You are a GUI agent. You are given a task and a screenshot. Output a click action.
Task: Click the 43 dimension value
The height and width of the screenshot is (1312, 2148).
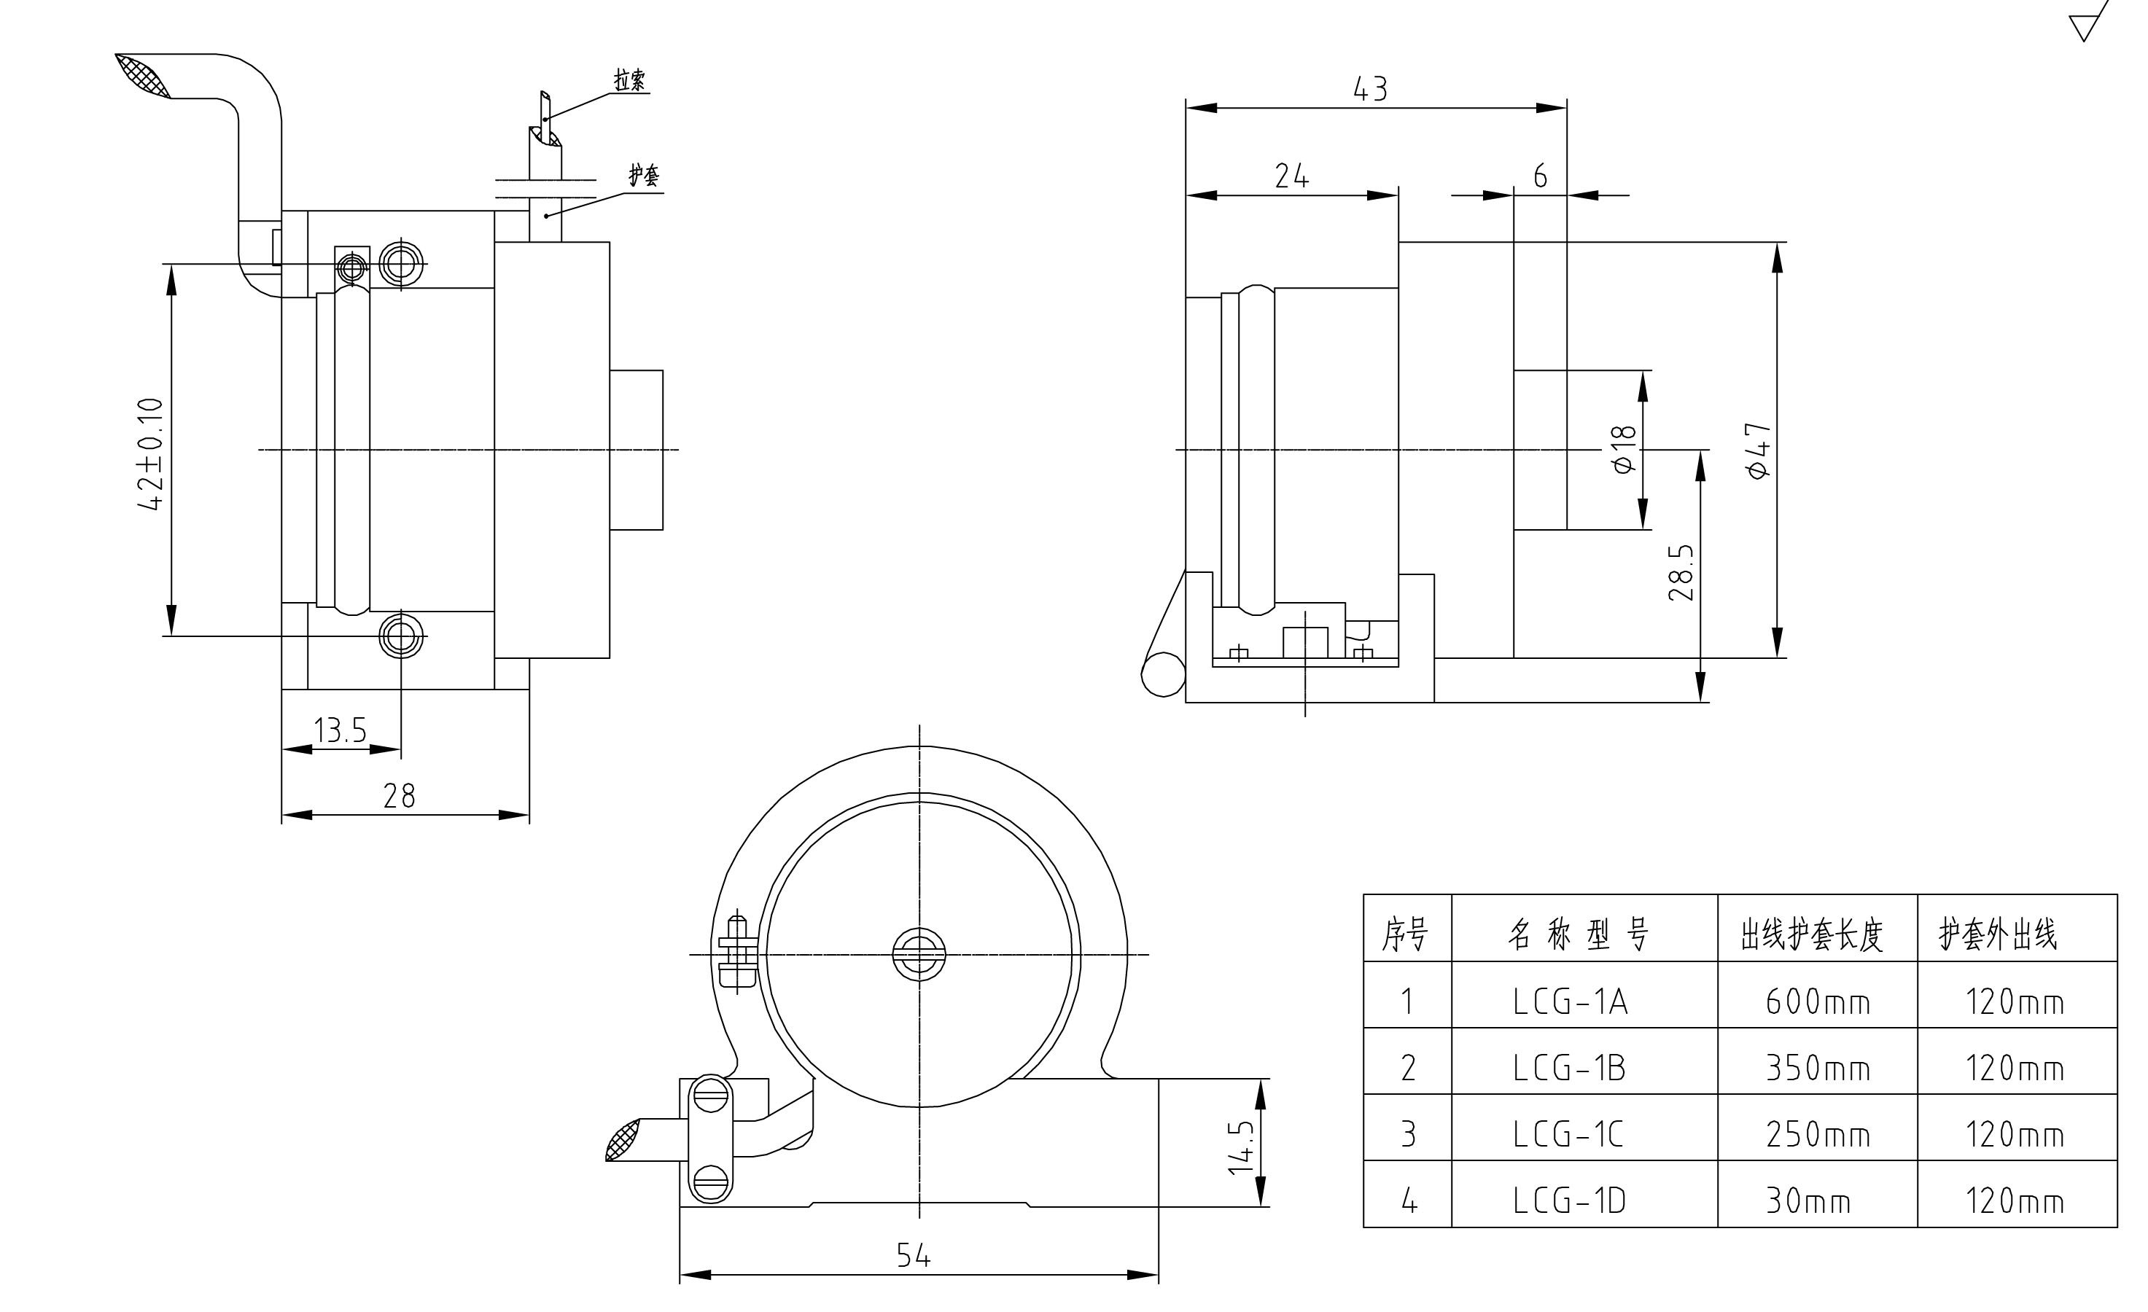pos(1369,89)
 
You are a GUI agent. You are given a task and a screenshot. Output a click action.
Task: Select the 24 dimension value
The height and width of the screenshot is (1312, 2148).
pos(1291,176)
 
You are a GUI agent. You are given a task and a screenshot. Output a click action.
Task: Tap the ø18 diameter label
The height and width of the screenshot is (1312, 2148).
pos(1624,450)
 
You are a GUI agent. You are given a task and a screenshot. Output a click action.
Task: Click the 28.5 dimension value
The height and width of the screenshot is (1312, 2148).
pos(1681,573)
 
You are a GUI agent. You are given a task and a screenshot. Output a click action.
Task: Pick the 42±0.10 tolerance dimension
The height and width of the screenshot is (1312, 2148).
pos(152,453)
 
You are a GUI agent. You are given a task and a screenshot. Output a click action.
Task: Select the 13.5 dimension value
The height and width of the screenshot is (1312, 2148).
pos(340,730)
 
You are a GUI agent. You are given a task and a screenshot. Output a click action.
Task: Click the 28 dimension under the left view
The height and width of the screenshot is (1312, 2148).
pos(400,796)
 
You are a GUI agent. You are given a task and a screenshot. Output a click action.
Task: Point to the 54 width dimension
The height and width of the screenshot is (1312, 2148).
pos(914,1256)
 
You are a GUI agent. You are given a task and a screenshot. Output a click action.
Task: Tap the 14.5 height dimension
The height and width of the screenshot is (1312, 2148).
pos(1242,1147)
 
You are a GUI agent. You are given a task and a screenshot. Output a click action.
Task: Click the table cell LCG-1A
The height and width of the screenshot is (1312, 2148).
pos(1570,1002)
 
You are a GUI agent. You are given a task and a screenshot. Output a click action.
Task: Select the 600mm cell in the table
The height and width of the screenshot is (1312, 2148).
pos(1818,1002)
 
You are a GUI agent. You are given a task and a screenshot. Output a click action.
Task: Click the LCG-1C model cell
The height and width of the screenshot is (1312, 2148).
pos(1568,1135)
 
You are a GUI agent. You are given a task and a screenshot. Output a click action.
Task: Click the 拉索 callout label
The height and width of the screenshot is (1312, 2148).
pos(629,81)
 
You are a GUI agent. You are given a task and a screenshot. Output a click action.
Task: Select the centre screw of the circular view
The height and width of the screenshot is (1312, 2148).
pos(919,953)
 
